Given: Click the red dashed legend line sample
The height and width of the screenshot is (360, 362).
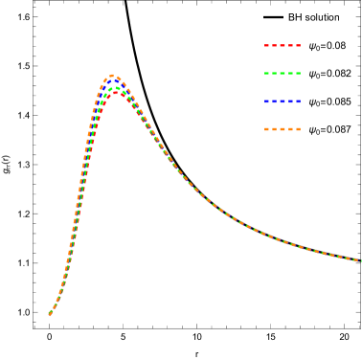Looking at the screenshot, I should point(283,45).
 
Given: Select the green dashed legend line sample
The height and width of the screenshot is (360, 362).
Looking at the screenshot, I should point(283,73).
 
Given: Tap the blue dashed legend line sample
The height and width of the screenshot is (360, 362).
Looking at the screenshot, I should point(283,101).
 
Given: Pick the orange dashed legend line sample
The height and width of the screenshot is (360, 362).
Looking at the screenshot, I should point(283,128).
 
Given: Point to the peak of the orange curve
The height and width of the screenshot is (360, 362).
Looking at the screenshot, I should point(112,76).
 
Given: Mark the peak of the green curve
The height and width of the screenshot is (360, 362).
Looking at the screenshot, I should point(115,88).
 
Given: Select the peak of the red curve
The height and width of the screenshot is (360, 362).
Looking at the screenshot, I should point(116,93).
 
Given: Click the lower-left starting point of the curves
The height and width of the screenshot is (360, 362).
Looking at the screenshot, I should point(50,313).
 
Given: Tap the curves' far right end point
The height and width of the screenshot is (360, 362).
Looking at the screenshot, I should point(360,260).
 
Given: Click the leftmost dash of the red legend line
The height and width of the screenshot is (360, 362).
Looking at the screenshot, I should point(267,45).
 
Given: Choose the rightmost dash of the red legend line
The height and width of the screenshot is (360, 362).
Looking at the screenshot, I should point(298,45).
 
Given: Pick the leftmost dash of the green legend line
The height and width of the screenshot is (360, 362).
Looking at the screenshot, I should point(267,73).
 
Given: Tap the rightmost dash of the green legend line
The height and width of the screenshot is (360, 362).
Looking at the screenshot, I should point(298,73).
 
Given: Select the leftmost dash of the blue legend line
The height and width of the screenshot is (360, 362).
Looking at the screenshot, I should point(267,101).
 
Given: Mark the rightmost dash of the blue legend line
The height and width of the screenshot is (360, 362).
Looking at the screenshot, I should point(298,101).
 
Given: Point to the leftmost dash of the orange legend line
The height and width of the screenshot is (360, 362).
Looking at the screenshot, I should point(267,128).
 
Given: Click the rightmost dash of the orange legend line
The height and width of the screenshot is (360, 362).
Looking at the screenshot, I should point(298,128).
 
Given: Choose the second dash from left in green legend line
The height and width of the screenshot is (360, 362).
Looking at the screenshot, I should point(275,73).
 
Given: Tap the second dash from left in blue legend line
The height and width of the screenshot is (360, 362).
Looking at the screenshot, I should point(275,101).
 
